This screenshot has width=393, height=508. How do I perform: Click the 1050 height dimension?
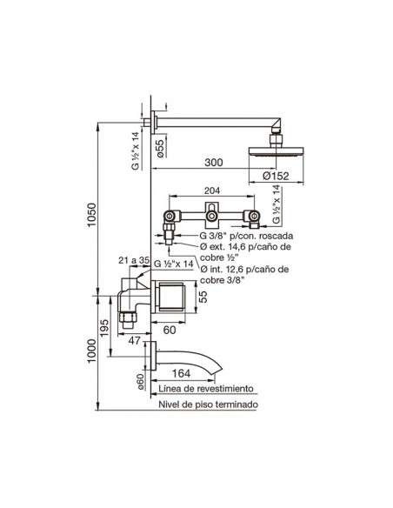tap(92, 215)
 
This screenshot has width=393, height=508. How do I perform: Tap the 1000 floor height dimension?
tap(92, 351)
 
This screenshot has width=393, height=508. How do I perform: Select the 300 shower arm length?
tap(214, 162)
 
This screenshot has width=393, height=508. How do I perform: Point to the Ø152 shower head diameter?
tap(276, 176)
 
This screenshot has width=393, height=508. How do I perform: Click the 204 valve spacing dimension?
tap(211, 190)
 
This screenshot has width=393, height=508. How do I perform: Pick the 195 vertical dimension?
tap(104, 328)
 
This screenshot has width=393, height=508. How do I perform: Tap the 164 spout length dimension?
tap(181, 373)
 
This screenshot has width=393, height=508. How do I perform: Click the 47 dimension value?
tap(135, 340)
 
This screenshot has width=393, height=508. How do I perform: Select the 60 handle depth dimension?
tap(170, 330)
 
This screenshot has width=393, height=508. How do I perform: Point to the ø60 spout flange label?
tap(140, 382)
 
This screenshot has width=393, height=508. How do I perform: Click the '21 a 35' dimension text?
tap(134, 260)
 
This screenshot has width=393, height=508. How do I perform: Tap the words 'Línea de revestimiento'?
tap(206, 388)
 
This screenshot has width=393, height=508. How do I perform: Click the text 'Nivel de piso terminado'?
tap(208, 404)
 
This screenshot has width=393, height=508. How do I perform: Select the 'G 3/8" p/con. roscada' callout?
tap(246, 236)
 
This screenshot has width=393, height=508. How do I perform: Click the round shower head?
tap(276, 152)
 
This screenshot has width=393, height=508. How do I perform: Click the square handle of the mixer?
tap(170, 297)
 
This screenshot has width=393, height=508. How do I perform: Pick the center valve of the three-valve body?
tap(212, 215)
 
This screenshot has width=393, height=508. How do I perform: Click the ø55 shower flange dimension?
tap(161, 147)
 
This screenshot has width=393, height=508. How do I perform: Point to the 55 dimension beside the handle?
tap(203, 297)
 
